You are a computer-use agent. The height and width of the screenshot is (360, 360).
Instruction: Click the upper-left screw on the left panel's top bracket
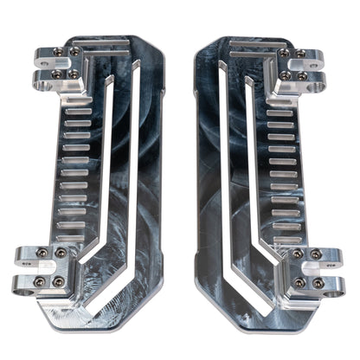(x=58, y=52)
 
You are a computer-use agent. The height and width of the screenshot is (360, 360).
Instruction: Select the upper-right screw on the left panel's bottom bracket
(x=61, y=253)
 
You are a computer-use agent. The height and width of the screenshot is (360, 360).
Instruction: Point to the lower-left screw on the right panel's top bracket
(x=285, y=75)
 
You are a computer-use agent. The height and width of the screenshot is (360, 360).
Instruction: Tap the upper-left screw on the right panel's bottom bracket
(x=299, y=254)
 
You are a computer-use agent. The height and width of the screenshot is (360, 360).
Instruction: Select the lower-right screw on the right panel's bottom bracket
(x=318, y=283)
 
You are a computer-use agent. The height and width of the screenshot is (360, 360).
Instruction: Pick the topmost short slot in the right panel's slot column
(x=281, y=112)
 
